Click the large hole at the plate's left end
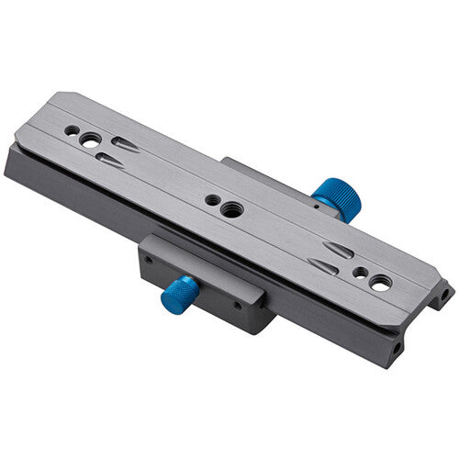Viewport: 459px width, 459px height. tap(91, 140)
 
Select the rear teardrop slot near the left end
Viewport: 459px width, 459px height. tap(126, 145)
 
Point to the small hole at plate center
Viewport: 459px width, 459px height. tap(211, 198)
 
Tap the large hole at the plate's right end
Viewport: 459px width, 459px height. tap(379, 285)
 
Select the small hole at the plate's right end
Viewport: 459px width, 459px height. tap(361, 273)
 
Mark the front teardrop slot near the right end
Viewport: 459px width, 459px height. tap(323, 267)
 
